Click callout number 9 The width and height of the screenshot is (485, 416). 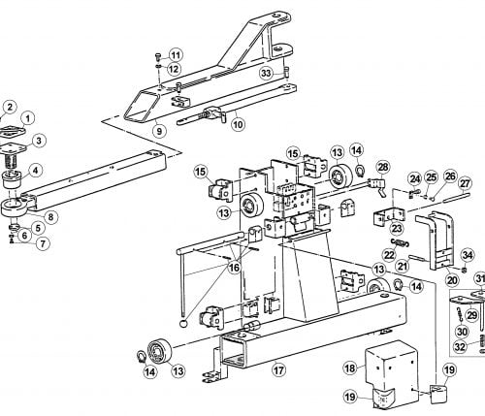click(x=159, y=131)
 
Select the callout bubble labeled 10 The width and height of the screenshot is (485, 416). click(x=238, y=124)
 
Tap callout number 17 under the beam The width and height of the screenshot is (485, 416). click(x=278, y=370)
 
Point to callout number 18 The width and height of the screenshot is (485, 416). click(x=350, y=368)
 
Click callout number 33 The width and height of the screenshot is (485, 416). click(x=266, y=74)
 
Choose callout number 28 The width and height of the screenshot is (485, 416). click(x=383, y=167)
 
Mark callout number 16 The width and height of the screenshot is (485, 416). click(x=234, y=267)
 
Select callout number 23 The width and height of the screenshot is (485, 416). click(x=397, y=229)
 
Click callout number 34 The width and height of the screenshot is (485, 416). click(x=468, y=255)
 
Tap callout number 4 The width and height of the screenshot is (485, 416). click(x=36, y=171)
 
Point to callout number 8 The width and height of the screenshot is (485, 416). click(x=50, y=216)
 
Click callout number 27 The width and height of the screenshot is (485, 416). click(x=465, y=184)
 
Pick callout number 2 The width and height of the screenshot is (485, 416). click(x=10, y=107)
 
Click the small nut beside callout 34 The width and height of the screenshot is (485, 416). click(x=463, y=270)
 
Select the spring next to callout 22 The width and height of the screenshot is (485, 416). click(x=401, y=242)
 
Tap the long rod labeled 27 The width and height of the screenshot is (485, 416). click(x=456, y=197)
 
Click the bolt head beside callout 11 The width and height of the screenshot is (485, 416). click(x=158, y=55)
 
